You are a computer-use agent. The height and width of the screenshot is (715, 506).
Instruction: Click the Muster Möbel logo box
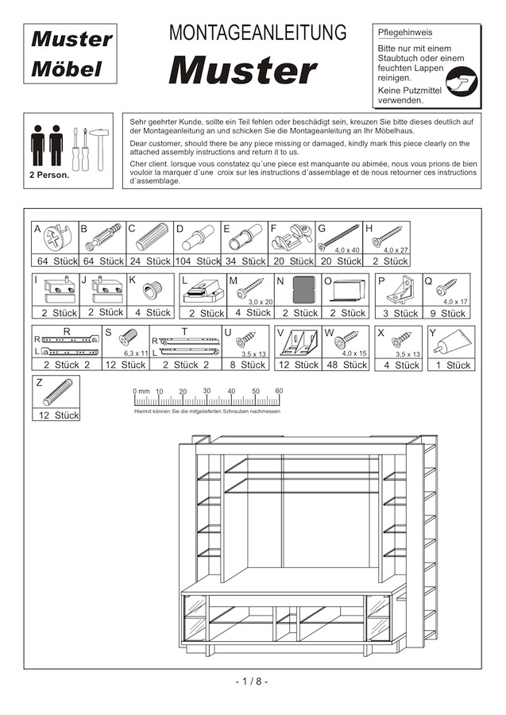(x=71, y=54)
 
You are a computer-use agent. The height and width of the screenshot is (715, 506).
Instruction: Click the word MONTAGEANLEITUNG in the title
(x=258, y=33)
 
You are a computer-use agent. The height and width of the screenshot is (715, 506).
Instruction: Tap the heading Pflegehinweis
(x=404, y=33)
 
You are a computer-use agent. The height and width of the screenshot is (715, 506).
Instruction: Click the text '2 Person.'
(x=49, y=175)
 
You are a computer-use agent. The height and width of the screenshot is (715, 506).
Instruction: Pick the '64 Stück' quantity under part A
(x=56, y=261)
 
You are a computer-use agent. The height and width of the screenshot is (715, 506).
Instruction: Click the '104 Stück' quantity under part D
(x=197, y=261)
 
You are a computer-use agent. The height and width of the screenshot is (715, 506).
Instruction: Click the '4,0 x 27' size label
(x=395, y=250)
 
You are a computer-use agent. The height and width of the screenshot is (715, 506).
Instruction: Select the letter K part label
(x=133, y=280)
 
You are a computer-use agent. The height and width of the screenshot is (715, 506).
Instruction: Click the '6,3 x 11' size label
(x=135, y=353)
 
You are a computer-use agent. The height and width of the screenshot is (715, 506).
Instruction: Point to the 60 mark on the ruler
(x=279, y=391)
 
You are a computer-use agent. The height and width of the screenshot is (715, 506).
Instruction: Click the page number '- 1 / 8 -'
(x=253, y=682)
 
